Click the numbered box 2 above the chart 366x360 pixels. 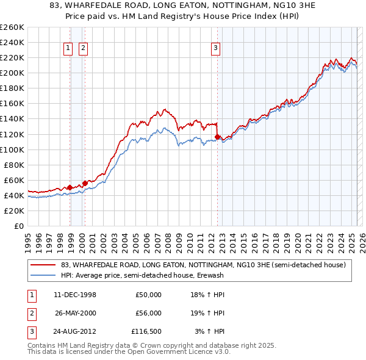pos(82,49)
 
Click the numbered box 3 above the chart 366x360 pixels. pos(215,49)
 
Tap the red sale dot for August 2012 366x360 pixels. pos(218,137)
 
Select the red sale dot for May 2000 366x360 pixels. pos(85,182)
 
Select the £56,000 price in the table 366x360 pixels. pos(148,313)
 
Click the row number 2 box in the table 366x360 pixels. pos(31,313)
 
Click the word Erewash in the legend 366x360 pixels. pos(212,275)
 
